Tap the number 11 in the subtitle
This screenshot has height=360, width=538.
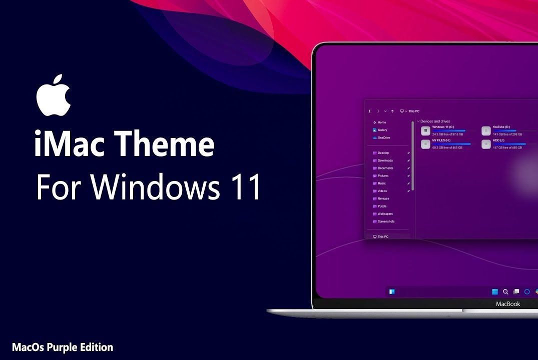pos(246,187)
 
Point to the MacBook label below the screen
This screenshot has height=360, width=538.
pos(507,304)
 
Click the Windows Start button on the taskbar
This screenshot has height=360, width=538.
pos(495,291)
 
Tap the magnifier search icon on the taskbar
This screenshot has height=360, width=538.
pos(505,291)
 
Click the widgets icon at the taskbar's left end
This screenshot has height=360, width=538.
pos(392,291)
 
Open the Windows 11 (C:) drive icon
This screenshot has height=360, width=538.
pos(425,131)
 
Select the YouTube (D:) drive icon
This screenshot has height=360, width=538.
pos(486,131)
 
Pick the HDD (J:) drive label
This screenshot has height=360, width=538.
pos(499,140)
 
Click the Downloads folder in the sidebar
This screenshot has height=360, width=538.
pos(385,160)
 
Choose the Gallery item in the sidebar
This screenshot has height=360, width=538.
pos(382,130)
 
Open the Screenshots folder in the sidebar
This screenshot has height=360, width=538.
pos(386,221)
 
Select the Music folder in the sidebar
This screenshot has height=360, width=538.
pos(381,183)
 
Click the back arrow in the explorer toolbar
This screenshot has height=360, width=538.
pos(370,111)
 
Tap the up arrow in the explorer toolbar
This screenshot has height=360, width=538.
pos(392,111)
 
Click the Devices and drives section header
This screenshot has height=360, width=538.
pos(435,121)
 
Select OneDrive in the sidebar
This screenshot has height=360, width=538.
pos(383,137)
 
